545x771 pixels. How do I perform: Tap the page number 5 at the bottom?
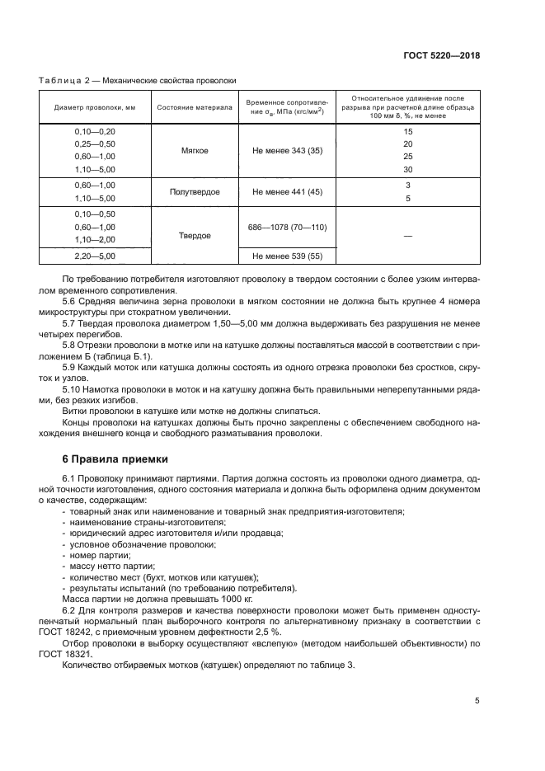coord(477,701)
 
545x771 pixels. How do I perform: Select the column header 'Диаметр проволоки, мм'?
coord(95,108)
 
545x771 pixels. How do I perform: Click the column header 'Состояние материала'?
coord(195,108)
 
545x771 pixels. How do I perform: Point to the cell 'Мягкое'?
coord(195,151)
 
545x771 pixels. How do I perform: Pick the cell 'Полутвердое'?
coord(195,191)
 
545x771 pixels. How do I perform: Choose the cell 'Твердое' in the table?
coord(195,235)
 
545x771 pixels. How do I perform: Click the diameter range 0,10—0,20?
coord(95,132)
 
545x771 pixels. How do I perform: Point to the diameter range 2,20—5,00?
coord(95,256)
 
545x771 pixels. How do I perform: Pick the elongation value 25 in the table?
coord(407,157)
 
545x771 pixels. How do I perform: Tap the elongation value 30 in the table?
coord(407,169)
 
